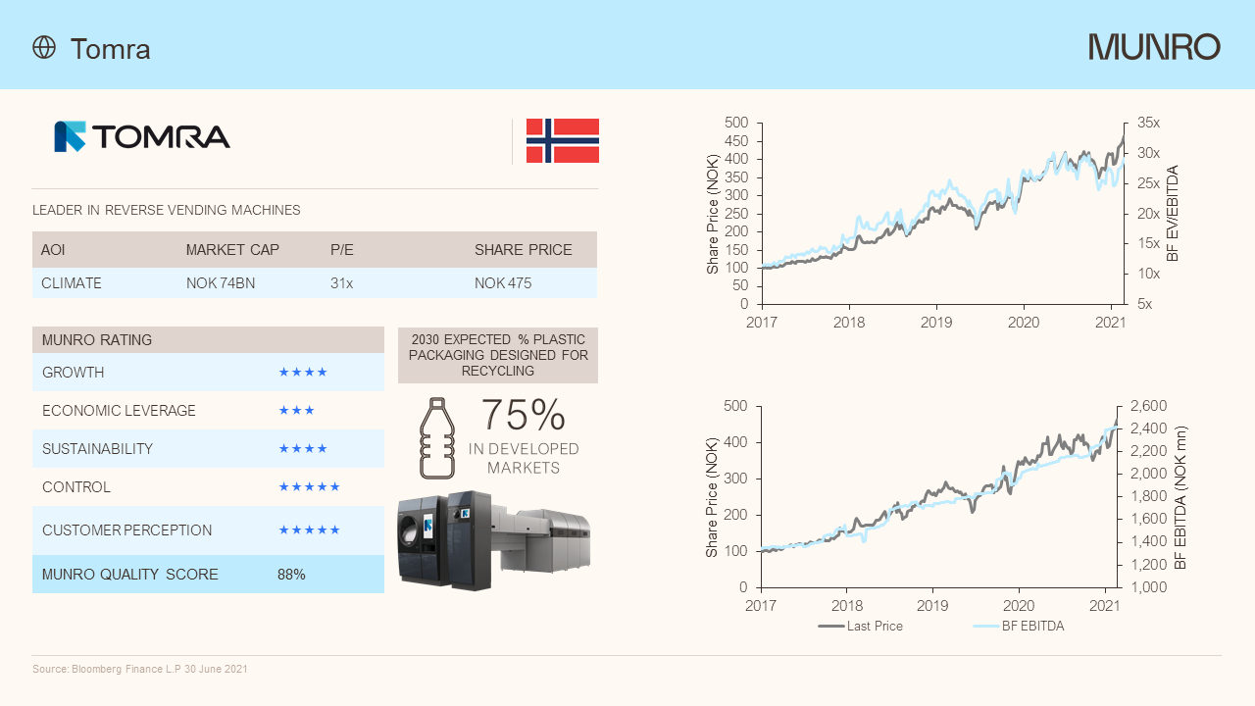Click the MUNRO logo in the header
pos(1154,47)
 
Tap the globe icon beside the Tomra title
pos(44,47)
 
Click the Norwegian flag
pos(563,141)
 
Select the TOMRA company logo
pos(142,136)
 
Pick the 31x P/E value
pos(341,283)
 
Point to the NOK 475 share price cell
pos(503,283)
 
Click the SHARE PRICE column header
pos(523,250)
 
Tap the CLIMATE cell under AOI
pos(72,283)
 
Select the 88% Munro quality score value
pos(291,575)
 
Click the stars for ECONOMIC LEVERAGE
pos(296,411)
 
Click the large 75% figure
pos(524,416)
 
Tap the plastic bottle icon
pos(438,438)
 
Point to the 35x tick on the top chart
pos(1148,124)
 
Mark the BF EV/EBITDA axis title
pos(1173,213)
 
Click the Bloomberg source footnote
pos(140,669)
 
